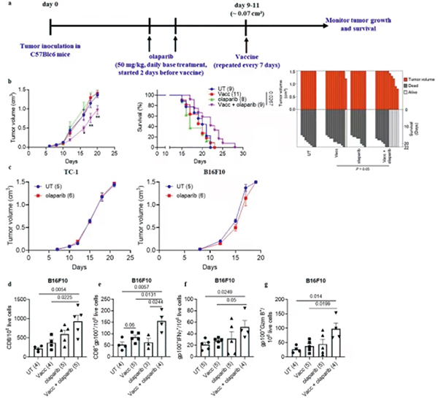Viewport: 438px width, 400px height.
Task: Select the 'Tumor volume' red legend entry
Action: [x=419, y=77]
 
